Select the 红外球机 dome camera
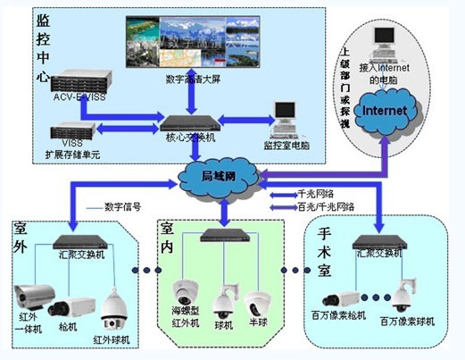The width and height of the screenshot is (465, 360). (114, 310)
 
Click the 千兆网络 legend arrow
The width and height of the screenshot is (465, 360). (284, 193)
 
